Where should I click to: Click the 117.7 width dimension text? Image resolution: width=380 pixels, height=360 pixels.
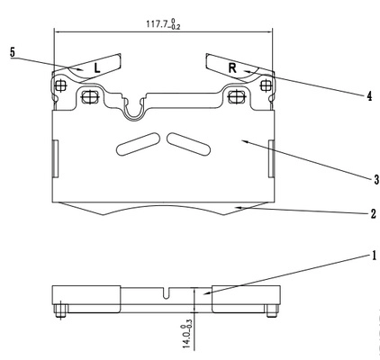163,24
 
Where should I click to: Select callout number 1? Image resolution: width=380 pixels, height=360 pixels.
374,256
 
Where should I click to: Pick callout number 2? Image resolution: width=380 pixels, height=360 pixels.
373,214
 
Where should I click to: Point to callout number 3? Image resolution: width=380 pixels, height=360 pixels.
376,180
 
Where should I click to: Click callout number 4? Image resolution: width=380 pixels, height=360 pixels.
369,96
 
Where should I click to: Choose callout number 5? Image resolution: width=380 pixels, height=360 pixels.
12,52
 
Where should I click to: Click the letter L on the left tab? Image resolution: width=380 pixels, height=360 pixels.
96,68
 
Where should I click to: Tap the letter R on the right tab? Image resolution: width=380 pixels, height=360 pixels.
232,68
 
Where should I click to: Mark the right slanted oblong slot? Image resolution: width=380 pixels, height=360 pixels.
189,144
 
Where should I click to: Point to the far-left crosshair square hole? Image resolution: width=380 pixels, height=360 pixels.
60,86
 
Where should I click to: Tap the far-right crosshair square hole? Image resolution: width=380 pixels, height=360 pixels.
266,85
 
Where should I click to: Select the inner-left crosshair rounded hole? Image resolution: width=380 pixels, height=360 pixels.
90,97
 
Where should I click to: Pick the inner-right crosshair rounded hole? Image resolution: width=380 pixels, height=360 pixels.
237,96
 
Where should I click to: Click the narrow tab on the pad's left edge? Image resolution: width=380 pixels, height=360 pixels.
56,158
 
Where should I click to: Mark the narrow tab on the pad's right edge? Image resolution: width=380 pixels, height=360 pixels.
271,158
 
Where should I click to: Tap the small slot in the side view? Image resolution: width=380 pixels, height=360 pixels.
167,293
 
